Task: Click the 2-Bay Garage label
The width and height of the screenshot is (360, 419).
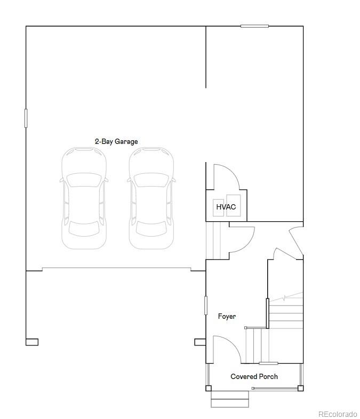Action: coord(116,142)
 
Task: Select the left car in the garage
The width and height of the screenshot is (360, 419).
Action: coord(84,198)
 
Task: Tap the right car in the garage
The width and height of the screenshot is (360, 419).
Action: coord(151,198)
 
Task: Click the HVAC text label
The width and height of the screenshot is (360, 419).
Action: coord(226,207)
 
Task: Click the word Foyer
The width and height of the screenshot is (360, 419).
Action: coord(227,317)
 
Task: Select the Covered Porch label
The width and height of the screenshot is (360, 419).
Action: coord(254,376)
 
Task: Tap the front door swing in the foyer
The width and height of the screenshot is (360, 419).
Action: coord(226,349)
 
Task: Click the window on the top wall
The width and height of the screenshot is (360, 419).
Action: coord(254,26)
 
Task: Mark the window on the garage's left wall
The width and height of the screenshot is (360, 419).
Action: coord(26,118)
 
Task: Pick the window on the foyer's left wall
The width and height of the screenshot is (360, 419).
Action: coord(206,305)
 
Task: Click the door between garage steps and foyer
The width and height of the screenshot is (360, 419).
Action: coord(241,240)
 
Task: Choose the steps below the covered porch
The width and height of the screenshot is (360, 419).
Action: coord(230,398)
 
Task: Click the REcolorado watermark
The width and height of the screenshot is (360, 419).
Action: coord(338,414)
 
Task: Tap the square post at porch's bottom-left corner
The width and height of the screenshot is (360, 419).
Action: coord(209,388)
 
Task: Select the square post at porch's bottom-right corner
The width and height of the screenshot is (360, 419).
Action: coord(301,388)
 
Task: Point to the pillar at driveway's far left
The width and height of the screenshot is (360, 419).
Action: coord(31,342)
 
